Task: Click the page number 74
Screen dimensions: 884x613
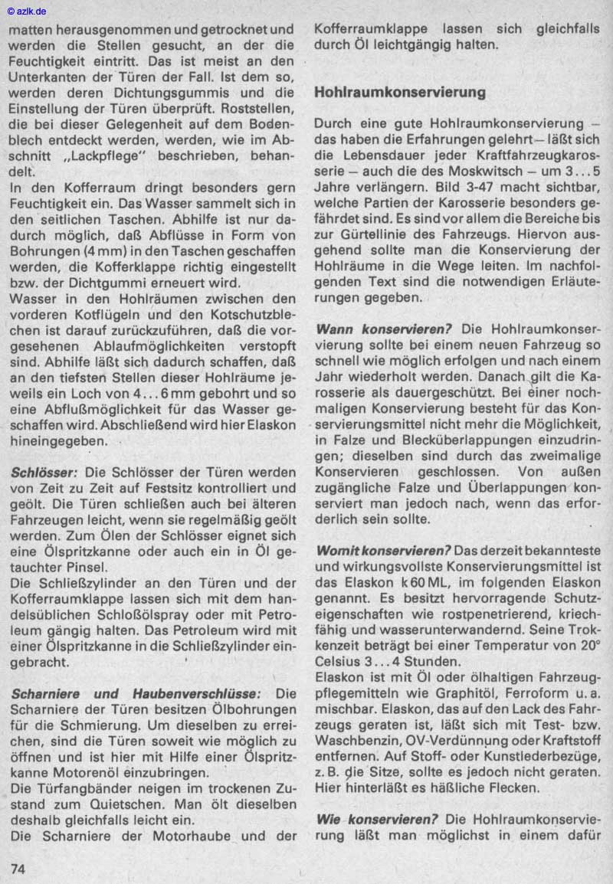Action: [18, 868]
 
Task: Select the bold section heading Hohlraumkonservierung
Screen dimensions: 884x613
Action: [400, 93]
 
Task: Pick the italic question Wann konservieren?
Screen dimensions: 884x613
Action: [383, 329]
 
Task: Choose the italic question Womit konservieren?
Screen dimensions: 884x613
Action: [383, 551]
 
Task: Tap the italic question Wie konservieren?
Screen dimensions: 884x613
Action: [376, 819]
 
